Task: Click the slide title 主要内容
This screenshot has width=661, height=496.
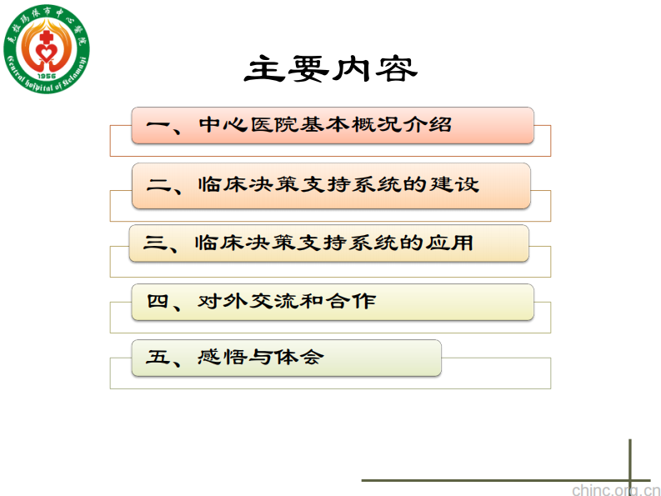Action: click(330, 69)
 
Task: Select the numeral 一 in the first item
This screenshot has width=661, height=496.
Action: click(158, 125)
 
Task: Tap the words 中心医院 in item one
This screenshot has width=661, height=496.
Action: click(248, 125)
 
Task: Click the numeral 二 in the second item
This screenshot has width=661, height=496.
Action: click(158, 184)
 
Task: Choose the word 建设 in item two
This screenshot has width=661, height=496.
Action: click(457, 184)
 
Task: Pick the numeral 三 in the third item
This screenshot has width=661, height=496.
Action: click(156, 243)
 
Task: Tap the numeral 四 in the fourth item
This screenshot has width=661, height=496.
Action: click(158, 301)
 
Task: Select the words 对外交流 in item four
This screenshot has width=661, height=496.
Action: click(247, 301)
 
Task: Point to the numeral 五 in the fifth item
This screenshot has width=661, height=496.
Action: click(158, 358)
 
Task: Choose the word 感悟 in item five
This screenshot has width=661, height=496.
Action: click(221, 358)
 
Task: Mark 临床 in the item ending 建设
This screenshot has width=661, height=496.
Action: click(222, 184)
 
